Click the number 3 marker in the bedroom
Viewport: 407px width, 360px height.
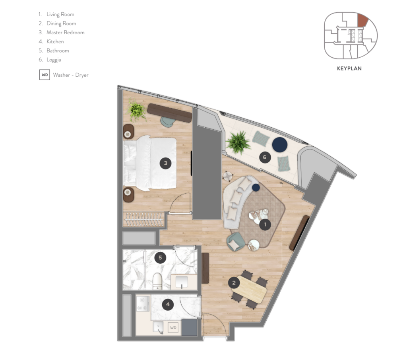pos(166,163)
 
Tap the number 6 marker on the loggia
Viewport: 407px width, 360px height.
pos(265,157)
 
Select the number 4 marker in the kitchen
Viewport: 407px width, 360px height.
pos(168,304)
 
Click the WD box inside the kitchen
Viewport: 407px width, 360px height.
pos(173,328)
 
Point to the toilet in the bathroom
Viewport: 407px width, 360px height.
pos(157,281)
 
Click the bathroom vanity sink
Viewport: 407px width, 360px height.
pos(182,282)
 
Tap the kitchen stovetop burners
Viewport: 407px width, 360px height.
pos(143,304)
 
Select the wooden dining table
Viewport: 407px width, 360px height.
pos(250,289)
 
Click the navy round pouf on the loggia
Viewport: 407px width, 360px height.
pos(279,144)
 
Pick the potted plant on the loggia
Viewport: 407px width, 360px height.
pos(238,142)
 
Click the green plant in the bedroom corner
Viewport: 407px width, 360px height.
pos(137,110)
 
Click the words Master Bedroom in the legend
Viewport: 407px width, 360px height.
pos(66,33)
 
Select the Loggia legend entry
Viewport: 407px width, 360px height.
pos(50,60)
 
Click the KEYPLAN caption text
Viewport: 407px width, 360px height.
pos(349,68)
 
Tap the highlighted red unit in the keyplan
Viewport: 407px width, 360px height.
pos(363,20)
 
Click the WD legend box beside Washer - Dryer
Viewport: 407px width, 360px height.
pos(45,75)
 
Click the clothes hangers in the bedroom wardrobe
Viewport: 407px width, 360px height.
pos(144,220)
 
